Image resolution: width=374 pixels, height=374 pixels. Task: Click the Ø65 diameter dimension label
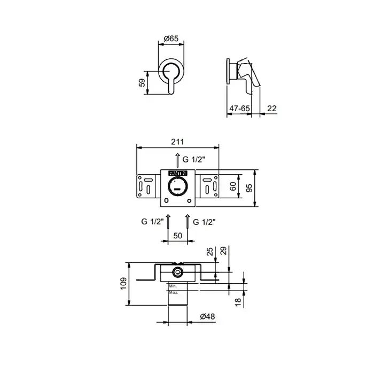[171, 38]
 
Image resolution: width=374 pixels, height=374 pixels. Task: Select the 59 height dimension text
[142, 83]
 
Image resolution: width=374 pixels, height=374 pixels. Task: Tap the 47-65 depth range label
[239, 108]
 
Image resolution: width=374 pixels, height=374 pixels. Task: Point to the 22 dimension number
[272, 108]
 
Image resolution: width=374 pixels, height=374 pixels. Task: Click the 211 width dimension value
[177, 142]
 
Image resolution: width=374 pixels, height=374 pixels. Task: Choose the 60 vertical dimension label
[233, 186]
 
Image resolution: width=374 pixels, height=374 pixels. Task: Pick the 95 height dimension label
[249, 188]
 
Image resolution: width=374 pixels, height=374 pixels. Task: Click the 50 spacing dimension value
[178, 236]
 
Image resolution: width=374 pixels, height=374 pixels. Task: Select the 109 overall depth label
[123, 284]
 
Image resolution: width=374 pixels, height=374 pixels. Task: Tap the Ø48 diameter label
[207, 316]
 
